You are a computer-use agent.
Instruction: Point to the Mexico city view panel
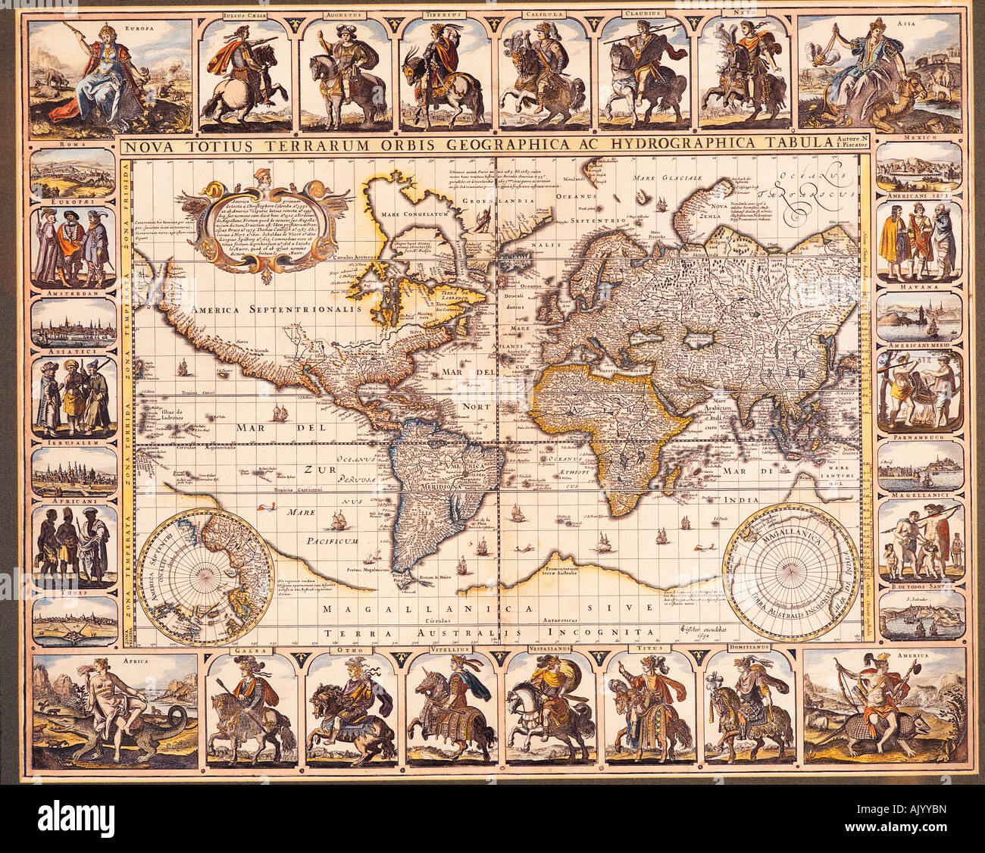point(919,167)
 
